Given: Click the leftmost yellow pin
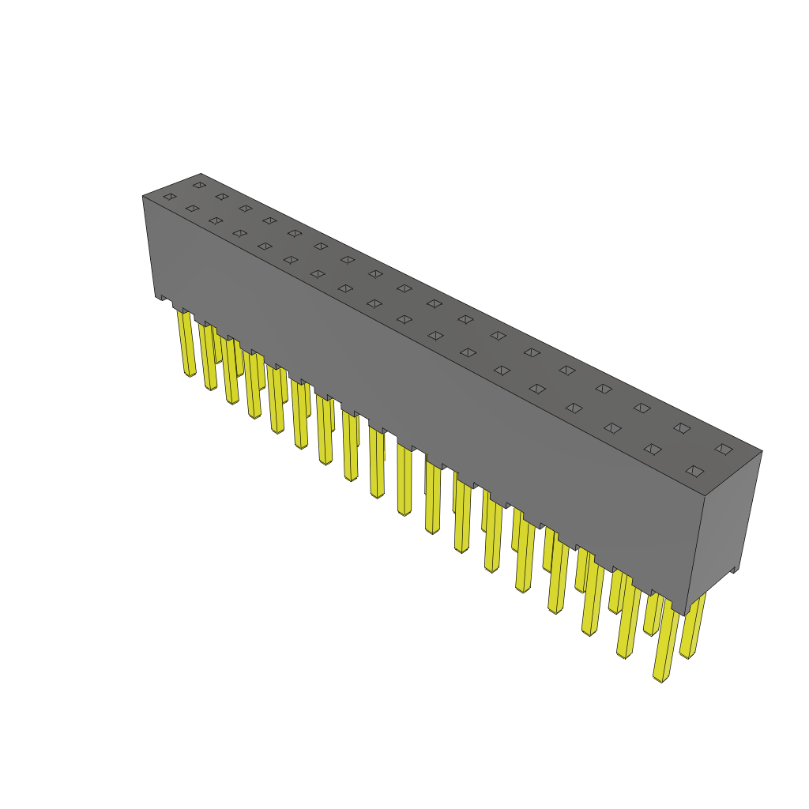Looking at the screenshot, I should pyautogui.click(x=186, y=344).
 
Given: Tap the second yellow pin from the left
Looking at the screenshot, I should pyautogui.click(x=208, y=357).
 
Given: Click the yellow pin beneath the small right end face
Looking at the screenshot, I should pyautogui.click(x=692, y=628).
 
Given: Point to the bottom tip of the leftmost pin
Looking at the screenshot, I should pyautogui.click(x=190, y=374).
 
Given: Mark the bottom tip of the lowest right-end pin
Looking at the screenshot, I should pyautogui.click(x=660, y=679).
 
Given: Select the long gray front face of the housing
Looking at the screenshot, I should pyautogui.click(x=419, y=395).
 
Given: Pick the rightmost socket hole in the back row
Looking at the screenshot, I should pyautogui.click(x=724, y=449).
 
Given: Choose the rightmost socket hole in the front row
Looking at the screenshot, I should pyautogui.click(x=694, y=471).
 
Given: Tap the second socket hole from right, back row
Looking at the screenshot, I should pyautogui.click(x=682, y=428).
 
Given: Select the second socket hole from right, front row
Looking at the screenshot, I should pyautogui.click(x=653, y=449).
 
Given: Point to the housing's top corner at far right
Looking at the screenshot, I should pyautogui.click(x=762, y=452).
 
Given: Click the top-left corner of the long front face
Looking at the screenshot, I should pyautogui.click(x=143, y=197).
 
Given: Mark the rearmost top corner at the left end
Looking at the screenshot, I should pyautogui.click(x=201, y=174).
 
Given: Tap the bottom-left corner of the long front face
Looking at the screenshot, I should pyautogui.click(x=156, y=297).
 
